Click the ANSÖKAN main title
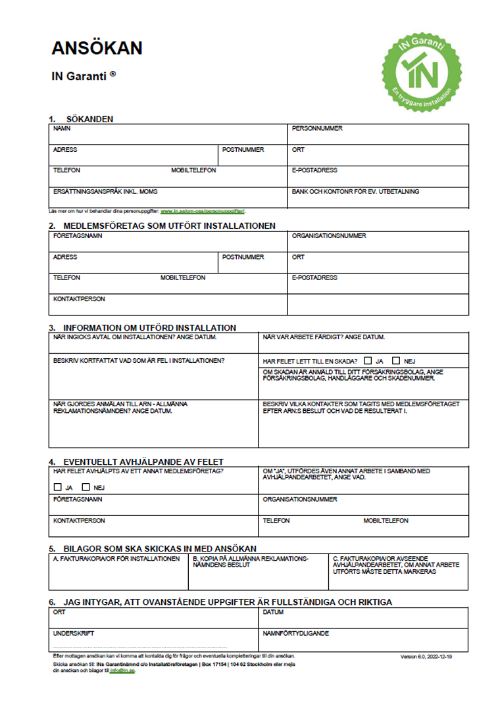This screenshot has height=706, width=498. pyautogui.click(x=97, y=48)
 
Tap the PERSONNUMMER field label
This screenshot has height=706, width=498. pyautogui.click(x=317, y=129)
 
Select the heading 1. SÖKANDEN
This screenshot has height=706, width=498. pyautogui.click(x=81, y=119)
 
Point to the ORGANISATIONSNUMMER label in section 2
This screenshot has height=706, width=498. pyautogui.click(x=329, y=236)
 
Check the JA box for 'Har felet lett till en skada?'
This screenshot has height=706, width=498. pyautogui.click(x=369, y=361)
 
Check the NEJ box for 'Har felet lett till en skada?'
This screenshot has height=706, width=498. pyautogui.click(x=396, y=361)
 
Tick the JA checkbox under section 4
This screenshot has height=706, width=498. pyautogui.click(x=57, y=488)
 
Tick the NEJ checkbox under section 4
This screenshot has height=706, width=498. pyautogui.click(x=86, y=488)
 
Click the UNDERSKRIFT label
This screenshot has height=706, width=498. pyautogui.click(x=74, y=634)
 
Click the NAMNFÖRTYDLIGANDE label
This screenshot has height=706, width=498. pyautogui.click(x=295, y=634)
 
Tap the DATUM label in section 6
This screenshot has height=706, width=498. pyautogui.click(x=273, y=613)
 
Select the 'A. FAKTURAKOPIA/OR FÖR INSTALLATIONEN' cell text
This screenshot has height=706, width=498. pyautogui.click(x=116, y=559)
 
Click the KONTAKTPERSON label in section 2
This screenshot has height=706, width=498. pyautogui.click(x=79, y=299)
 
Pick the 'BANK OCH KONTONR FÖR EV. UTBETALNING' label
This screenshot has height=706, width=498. pyautogui.click(x=355, y=192)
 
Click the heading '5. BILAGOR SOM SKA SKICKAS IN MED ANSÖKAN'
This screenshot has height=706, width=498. pyautogui.click(x=152, y=548)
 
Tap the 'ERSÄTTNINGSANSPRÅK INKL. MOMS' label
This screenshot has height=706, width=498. pyautogui.click(x=105, y=192)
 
